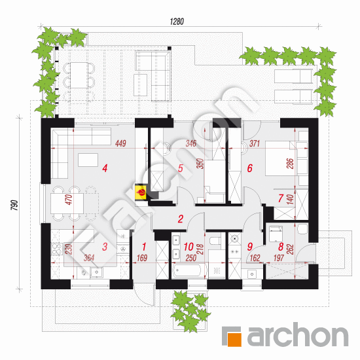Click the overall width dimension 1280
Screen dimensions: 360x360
click(177, 22)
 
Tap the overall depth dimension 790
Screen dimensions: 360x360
click(14, 206)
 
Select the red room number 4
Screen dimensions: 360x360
click(105, 168)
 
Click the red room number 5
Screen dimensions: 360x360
click(181, 168)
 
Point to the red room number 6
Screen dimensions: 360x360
click(250, 168)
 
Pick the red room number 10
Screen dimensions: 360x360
click(189, 247)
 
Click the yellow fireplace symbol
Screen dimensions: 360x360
click(141, 192)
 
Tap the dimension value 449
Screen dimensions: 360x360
click(121, 143)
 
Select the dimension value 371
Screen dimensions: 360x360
click(255, 143)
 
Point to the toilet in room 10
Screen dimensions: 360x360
click(215, 240)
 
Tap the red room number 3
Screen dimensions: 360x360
click(105, 247)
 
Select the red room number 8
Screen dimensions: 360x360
click(281, 247)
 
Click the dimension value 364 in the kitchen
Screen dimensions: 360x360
click(89, 258)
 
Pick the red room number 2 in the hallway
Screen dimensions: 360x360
click(181, 219)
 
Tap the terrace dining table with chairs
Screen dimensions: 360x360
click(79, 75)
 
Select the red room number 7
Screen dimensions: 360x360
click(281, 198)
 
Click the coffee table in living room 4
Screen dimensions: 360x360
click(88, 160)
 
